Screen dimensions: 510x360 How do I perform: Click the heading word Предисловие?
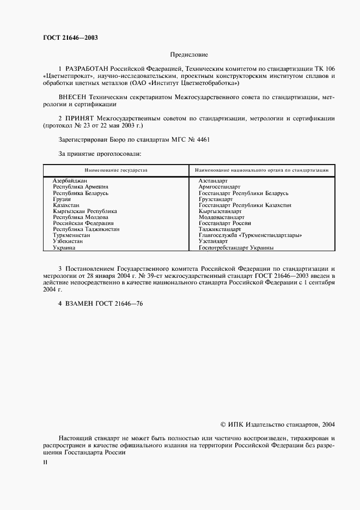pos(189,55)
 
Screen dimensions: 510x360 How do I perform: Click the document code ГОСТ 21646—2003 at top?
pos(66,38)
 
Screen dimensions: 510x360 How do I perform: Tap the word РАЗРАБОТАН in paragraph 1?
pos(87,69)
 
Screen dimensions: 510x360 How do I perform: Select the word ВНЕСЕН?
pos(75,96)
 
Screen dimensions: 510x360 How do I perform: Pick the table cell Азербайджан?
pos(70,181)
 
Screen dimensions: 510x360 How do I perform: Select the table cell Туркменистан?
pos(72,235)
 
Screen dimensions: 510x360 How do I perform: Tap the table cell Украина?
pos(64,247)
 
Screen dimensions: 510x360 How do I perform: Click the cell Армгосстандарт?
pos(219,187)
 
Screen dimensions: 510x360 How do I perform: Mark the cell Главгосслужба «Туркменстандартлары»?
pos(251,235)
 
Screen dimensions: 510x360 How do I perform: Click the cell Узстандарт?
pos(213,241)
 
